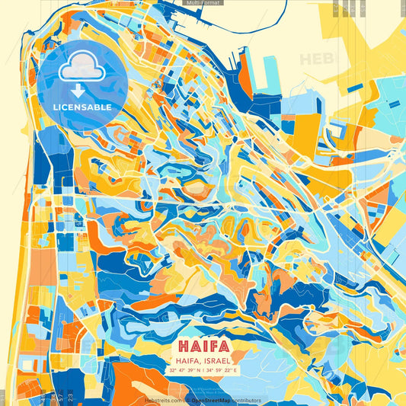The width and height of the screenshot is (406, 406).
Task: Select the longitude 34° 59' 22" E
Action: [x=222, y=371]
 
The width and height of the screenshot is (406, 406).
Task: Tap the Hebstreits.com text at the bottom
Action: [x=163, y=400]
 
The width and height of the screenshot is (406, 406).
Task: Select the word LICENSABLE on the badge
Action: [x=82, y=107]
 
